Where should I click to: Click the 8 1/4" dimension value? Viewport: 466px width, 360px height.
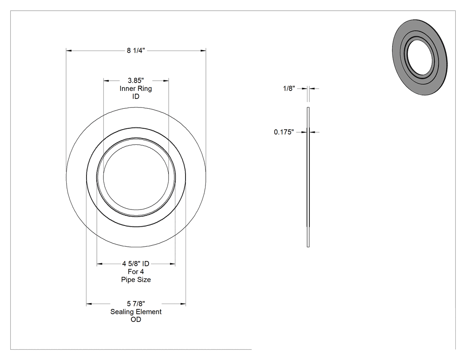pos(136,51)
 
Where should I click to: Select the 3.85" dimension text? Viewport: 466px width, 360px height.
pos(136,80)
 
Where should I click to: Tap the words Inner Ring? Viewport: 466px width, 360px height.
pos(136,88)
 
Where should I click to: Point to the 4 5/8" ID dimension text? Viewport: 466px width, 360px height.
pos(136,263)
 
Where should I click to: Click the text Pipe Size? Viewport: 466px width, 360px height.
pos(136,280)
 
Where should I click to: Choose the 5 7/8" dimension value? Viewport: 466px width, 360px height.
pos(136,304)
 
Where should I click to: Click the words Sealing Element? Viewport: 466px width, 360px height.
pos(136,312)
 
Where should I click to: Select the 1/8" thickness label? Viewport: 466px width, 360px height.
pos(289,88)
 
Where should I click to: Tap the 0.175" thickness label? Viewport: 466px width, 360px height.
pos(284,132)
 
